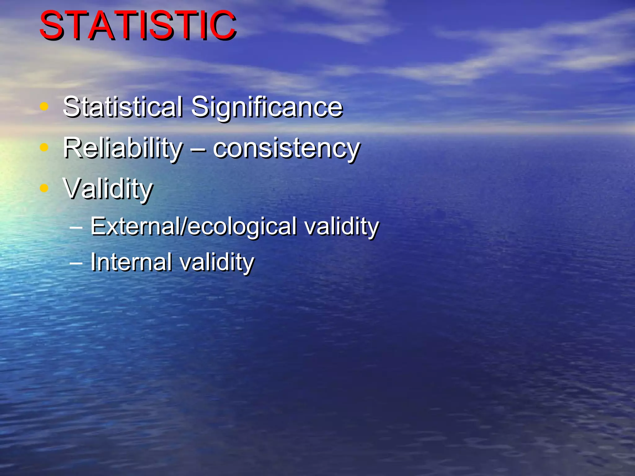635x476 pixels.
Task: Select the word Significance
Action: tap(267, 107)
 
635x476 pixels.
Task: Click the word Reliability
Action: tap(123, 148)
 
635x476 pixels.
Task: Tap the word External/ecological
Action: tap(193, 226)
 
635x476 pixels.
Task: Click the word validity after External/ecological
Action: tap(341, 226)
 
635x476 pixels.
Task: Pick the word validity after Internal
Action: tap(217, 262)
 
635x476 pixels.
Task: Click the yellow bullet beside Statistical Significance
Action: tap(44, 107)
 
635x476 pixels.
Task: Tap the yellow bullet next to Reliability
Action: tap(44, 148)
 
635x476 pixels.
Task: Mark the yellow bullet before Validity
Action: tap(44, 188)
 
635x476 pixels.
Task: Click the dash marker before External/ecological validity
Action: tap(76, 228)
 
